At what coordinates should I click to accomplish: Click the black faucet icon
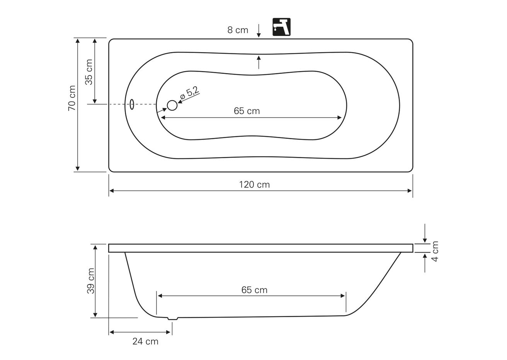pos(281,27)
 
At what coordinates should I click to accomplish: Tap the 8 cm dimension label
pos(238,30)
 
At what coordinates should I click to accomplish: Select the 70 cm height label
pos(72,98)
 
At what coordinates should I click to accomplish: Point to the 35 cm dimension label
pos(89,72)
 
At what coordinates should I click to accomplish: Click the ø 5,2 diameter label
pos(190,93)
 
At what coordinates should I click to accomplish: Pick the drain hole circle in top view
pos(172,105)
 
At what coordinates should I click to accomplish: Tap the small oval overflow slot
pos(132,104)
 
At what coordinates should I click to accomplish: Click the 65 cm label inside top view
pos(247,111)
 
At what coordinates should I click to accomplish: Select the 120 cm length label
pos(254,184)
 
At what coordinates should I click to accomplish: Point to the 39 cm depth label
pos(91,281)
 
